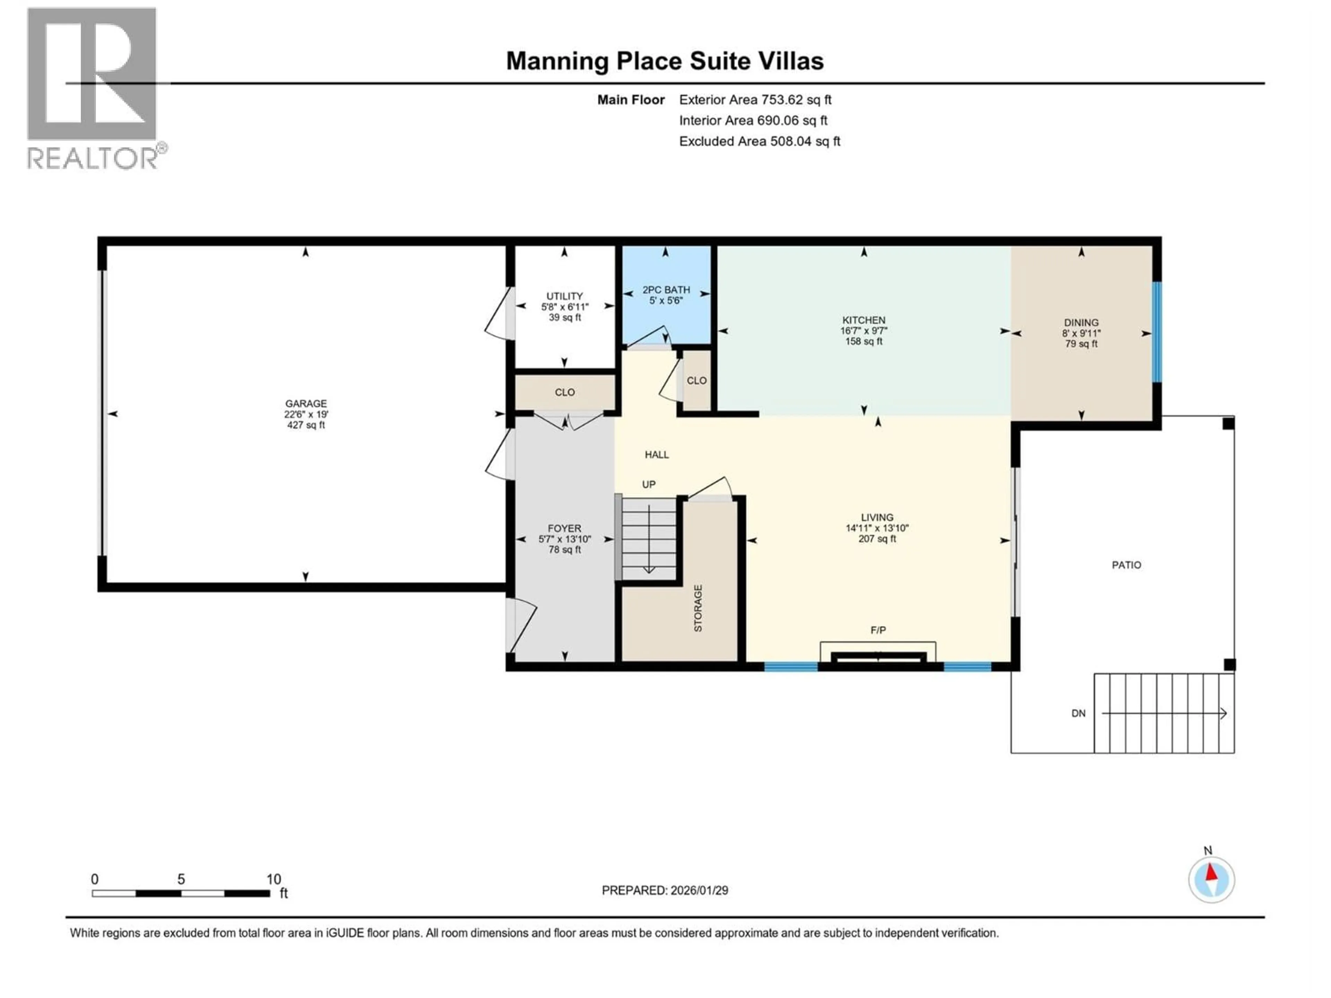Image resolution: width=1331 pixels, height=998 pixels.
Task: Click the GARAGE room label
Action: (x=306, y=404)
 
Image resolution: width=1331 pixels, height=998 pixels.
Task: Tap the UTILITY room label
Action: (x=564, y=296)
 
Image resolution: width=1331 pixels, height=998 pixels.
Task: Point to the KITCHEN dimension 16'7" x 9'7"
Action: (x=863, y=331)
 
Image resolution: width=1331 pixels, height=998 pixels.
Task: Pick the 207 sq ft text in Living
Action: (x=877, y=539)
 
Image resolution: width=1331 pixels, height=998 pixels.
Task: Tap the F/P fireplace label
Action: (x=878, y=630)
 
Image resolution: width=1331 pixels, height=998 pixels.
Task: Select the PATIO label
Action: (x=1126, y=565)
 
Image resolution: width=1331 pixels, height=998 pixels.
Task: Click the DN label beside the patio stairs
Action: (x=1078, y=714)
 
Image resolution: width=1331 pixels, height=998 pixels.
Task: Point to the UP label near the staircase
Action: (x=648, y=484)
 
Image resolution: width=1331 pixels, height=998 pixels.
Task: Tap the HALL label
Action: (x=656, y=455)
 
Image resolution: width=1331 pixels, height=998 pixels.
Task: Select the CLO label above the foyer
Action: (x=564, y=392)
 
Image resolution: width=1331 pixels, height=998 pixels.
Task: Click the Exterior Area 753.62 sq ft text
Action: (x=755, y=100)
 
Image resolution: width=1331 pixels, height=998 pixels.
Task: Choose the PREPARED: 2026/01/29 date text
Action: (x=664, y=890)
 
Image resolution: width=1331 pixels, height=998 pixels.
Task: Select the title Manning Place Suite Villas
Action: (x=664, y=61)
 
